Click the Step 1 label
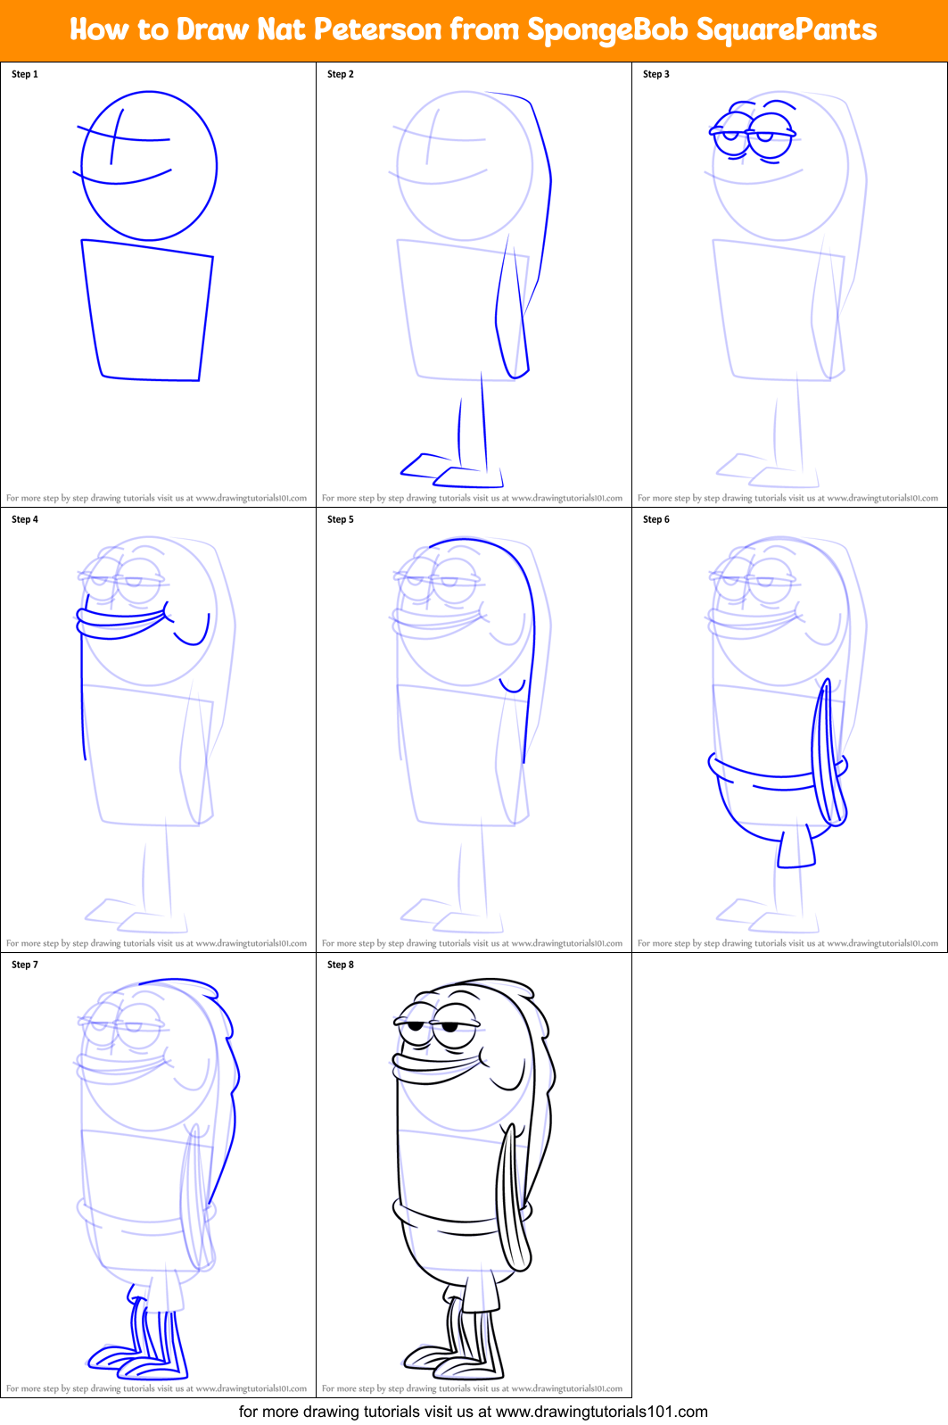tap(25, 74)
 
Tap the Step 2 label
tap(341, 74)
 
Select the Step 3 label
tap(656, 74)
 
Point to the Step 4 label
tap(25, 519)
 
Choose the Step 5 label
tap(341, 519)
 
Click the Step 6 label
tap(656, 519)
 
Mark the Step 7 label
tap(25, 965)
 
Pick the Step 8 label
tap(341, 965)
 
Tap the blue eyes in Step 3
tap(754, 134)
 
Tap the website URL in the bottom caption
tap(601, 1412)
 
